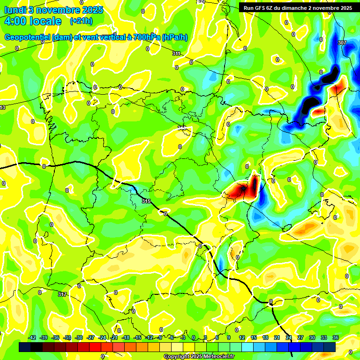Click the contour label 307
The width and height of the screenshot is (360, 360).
coord(342,43)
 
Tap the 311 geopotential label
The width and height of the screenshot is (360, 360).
coord(176,54)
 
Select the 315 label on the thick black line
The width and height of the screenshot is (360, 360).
coord(146,201)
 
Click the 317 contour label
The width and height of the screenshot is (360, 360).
coord(62,294)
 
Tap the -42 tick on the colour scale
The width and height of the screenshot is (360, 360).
coord(32,338)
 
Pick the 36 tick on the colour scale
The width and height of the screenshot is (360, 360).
coord(336,338)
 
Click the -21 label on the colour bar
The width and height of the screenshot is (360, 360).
coord(114,338)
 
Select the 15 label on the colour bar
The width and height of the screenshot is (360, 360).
coord(254,338)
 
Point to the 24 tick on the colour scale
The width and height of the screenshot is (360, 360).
coord(289,338)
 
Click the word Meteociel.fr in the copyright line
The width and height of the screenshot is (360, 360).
coord(217,356)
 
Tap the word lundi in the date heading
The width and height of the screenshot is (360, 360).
coord(15,9)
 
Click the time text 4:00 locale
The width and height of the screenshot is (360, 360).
coord(33,21)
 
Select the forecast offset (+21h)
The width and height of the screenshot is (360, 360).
coord(81,21)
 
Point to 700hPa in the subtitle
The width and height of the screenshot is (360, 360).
coord(146,37)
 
